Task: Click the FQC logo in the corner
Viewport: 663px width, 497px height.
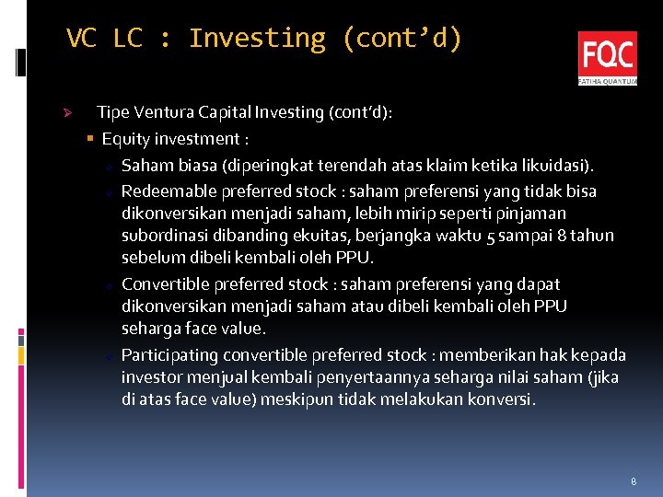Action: pyautogui.click(x=607, y=58)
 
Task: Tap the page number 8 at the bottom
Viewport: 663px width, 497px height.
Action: pyautogui.click(x=634, y=481)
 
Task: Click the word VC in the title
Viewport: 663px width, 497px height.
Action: pyautogui.click(x=81, y=39)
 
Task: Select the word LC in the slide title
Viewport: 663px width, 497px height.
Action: pyautogui.click(x=128, y=39)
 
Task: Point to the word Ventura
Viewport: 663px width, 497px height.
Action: pyautogui.click(x=163, y=112)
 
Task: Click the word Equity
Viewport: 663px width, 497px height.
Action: pyautogui.click(x=124, y=139)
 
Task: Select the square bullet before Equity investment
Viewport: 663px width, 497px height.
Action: pyautogui.click(x=89, y=139)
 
